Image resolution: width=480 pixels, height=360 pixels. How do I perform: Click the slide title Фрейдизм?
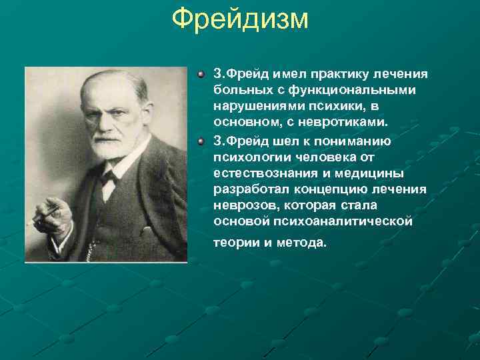coord(240,19)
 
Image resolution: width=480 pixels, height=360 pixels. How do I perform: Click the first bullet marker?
coord(201,72)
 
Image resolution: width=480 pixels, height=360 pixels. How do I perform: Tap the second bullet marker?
coord(201,140)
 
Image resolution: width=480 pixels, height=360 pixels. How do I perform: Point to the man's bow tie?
coord(110,177)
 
